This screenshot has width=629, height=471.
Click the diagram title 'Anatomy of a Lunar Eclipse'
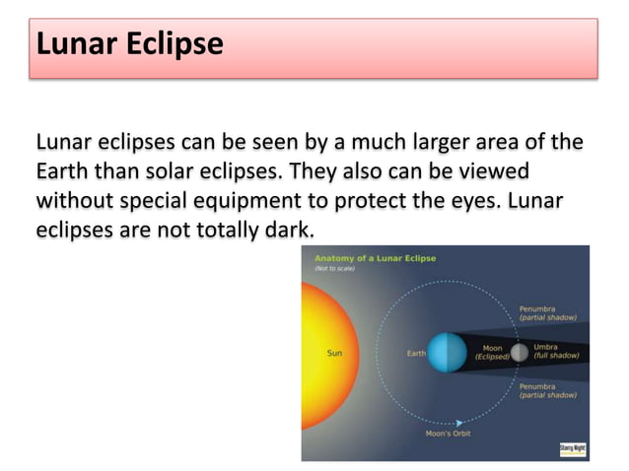pos(375,258)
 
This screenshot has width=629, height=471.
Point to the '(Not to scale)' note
pos(336,268)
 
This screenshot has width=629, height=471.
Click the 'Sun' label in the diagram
pos(336,352)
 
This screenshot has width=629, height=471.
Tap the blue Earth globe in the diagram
pos(447,353)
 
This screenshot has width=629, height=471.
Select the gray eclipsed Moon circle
pos(519,353)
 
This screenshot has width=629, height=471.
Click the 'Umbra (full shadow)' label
pos(555,351)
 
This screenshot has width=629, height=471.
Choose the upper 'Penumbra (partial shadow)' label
pos(547,312)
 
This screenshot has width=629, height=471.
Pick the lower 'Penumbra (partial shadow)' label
pos(547,391)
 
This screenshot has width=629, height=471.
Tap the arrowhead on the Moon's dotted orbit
pos(458,423)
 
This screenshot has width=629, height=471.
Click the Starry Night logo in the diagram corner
pos(573,448)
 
